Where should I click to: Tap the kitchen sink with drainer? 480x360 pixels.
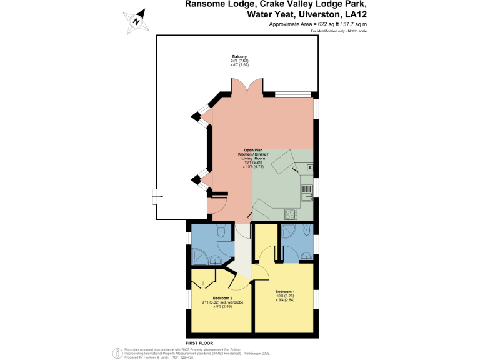tap(307, 192)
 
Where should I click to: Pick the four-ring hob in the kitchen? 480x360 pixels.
tap(291, 214)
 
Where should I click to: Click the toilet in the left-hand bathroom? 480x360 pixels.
tap(220, 232)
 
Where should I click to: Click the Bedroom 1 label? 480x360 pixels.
tap(284, 292)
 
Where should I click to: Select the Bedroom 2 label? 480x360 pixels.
tap(222, 298)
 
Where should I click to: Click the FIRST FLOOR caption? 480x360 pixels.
tap(200, 343)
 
